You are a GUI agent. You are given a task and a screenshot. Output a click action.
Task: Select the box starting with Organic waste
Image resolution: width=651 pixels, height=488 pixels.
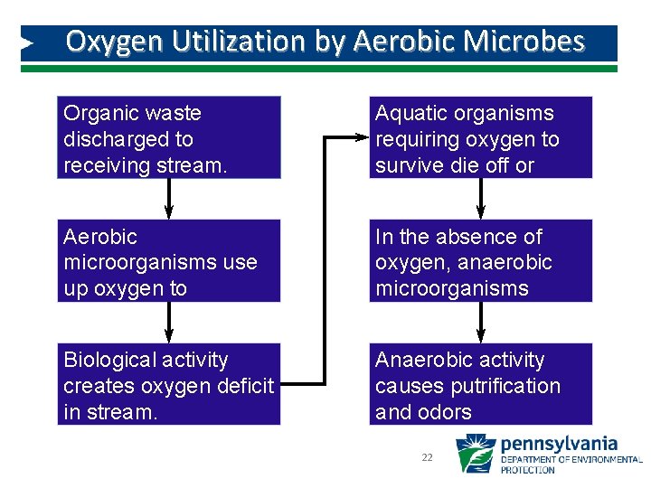(x=169, y=137)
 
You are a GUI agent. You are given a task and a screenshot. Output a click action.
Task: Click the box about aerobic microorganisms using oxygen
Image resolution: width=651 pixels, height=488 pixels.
(x=169, y=261)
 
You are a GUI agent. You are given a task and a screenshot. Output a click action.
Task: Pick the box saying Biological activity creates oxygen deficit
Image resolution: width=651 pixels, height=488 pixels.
(x=169, y=384)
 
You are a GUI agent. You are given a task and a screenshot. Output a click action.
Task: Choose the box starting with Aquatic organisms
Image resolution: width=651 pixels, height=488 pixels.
(x=480, y=137)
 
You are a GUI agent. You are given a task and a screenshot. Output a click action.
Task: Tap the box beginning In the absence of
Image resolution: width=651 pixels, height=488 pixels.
(x=480, y=261)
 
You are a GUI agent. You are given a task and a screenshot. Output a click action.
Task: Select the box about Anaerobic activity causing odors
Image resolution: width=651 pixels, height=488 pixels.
(x=480, y=384)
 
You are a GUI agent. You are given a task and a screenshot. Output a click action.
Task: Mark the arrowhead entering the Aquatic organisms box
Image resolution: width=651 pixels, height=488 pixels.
(x=363, y=137)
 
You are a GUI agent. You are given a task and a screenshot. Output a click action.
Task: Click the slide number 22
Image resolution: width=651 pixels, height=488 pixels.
(x=427, y=458)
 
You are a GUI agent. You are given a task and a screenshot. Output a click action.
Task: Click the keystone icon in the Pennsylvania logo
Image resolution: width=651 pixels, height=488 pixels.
(x=475, y=455)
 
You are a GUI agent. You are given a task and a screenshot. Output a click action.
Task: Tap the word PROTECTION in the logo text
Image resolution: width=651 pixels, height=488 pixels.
(x=528, y=470)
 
